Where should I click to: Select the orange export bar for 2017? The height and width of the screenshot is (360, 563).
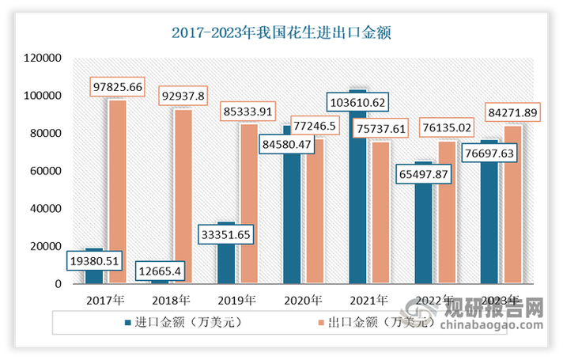[x=117, y=198]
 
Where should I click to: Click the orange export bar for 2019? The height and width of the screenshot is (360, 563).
[x=248, y=214]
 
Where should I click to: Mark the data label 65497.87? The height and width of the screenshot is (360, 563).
[x=422, y=172]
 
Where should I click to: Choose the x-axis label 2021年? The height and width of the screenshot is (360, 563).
[x=368, y=300]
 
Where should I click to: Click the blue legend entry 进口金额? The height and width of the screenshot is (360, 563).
[x=177, y=322]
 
